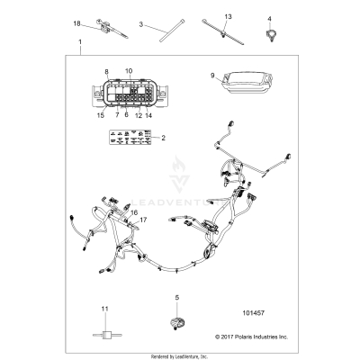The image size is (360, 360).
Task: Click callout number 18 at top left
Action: pyautogui.click(x=76, y=22)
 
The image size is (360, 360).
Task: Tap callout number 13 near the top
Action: pyautogui.click(x=228, y=17)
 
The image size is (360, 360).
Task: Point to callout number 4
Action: pyautogui.click(x=270, y=18)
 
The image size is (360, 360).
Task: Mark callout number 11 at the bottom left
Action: pyautogui.click(x=104, y=309)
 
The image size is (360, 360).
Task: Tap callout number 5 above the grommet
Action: pyautogui.click(x=176, y=297)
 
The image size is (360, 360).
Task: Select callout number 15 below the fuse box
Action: pyautogui.click(x=100, y=115)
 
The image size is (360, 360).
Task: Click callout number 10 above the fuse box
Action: pyautogui.click(x=128, y=69)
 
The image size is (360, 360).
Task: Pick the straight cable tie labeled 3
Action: pyautogui.click(x=167, y=41)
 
